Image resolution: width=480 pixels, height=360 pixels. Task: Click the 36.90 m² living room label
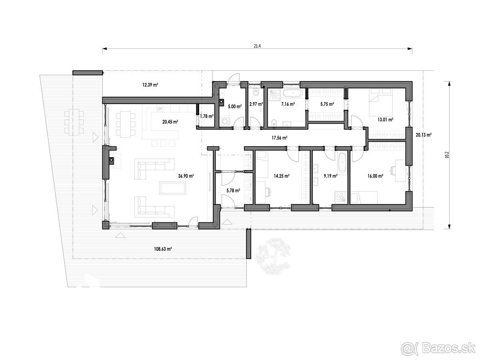[x=186, y=176]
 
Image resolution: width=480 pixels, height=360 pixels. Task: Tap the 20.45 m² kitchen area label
[x=170, y=122]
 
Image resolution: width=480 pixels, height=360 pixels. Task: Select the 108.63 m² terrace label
[x=163, y=249]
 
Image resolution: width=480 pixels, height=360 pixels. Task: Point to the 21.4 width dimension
[x=257, y=46]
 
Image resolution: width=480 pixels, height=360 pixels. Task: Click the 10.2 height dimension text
[x=447, y=155]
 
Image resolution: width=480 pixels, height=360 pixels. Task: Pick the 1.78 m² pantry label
[x=207, y=116]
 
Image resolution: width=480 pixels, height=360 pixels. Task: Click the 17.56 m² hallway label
[x=280, y=138]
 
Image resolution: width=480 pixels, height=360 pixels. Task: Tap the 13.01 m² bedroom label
[x=386, y=120]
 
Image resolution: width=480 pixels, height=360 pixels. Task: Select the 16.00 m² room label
[x=375, y=176]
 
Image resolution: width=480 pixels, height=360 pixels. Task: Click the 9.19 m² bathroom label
[x=330, y=176]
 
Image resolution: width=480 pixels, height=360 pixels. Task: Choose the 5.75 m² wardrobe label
[x=327, y=104]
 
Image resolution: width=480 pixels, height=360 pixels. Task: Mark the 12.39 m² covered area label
[x=150, y=85]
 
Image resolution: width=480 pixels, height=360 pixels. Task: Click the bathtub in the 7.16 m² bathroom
[x=292, y=94]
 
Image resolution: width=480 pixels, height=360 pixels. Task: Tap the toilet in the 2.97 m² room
[x=256, y=92]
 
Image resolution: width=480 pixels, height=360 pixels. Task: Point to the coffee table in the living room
[x=172, y=188]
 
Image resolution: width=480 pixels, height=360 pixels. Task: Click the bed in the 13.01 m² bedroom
[x=381, y=102]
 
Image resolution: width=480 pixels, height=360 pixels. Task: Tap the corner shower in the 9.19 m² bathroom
[x=341, y=198]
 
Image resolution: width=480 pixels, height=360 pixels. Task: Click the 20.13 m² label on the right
[x=424, y=135]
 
